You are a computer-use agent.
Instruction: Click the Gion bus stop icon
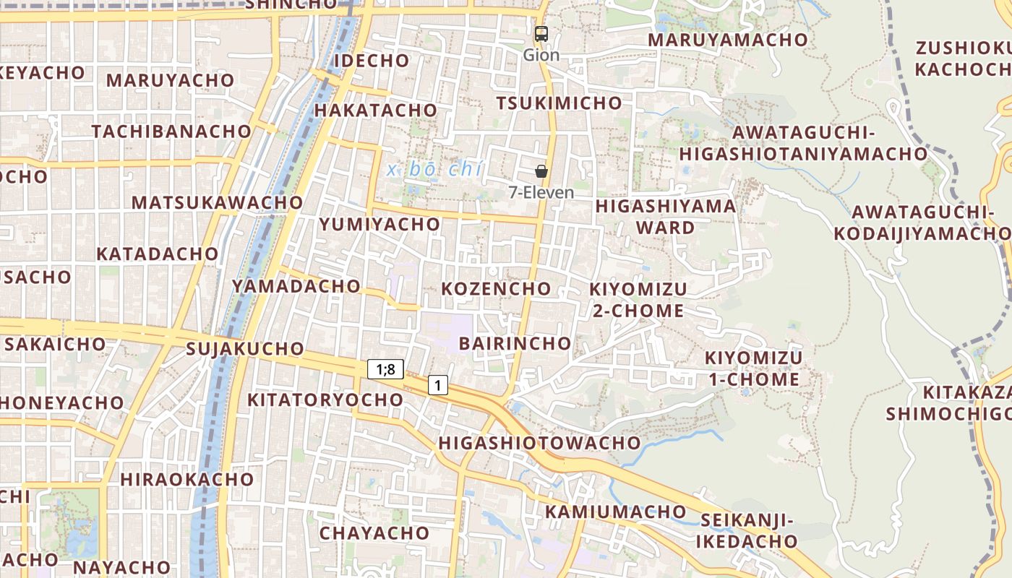(541, 33)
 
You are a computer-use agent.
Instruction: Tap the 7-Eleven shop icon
(541, 171)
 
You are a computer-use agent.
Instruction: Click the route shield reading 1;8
(385, 369)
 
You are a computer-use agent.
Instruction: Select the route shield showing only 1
(437, 385)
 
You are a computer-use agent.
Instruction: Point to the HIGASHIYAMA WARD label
(665, 217)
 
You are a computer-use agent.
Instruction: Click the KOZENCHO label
(496, 289)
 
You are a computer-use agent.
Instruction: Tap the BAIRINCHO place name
(515, 342)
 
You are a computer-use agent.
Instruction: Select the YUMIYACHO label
(379, 224)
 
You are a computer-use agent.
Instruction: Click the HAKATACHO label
(376, 110)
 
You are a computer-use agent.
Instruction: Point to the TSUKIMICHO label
(559, 103)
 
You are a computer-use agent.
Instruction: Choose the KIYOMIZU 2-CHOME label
(638, 300)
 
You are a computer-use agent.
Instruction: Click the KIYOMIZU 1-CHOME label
(752, 368)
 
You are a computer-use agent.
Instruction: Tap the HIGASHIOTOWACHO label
(539, 442)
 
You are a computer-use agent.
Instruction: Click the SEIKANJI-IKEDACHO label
(748, 530)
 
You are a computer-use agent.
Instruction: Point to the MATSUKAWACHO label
(217, 202)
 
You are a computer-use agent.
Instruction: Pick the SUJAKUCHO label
(245, 349)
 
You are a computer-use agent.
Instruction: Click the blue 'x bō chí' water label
(434, 170)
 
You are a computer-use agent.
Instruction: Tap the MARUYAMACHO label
(727, 40)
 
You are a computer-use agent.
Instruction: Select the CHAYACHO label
(374, 533)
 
